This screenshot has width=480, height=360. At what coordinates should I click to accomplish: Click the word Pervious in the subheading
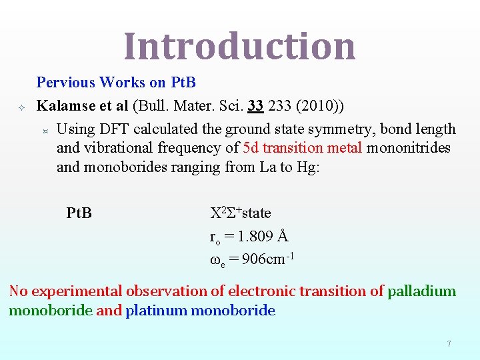(66, 83)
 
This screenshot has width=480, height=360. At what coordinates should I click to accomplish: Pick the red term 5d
(251, 147)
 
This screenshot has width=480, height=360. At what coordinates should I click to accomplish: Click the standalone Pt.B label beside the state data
(79, 213)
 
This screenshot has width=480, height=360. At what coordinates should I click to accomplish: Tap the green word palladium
(422, 291)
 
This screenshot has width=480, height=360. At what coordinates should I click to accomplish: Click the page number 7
(449, 344)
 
